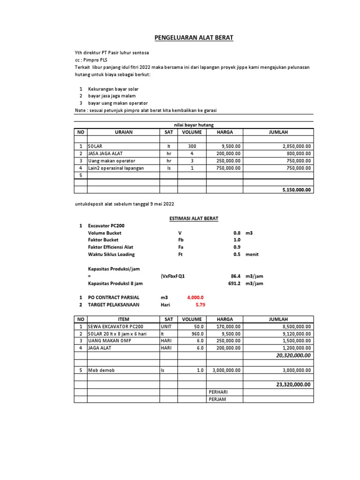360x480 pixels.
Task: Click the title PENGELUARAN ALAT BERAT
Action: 194,38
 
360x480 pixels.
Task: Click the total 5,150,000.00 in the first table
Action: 296,190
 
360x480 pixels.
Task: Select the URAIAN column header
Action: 123,132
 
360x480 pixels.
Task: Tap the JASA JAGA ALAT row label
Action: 103,153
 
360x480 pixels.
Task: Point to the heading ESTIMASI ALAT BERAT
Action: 194,218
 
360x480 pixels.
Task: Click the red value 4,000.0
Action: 195,297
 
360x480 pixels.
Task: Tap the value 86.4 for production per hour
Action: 235,276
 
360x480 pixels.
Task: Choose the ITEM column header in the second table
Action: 123,319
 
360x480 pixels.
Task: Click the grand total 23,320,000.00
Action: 292,384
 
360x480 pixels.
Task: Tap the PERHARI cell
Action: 217,391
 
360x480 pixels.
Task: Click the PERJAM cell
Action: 217,399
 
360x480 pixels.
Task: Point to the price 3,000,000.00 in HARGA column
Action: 225,370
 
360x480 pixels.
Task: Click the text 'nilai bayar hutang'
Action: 193,124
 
